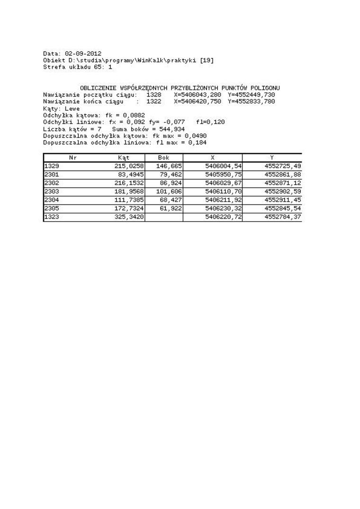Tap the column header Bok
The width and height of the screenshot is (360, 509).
(x=163, y=158)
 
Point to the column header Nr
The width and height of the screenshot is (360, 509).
(x=73, y=158)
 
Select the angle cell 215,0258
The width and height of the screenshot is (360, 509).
(x=129, y=166)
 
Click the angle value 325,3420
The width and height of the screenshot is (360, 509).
(x=129, y=217)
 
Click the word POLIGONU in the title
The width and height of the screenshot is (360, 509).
(x=264, y=88)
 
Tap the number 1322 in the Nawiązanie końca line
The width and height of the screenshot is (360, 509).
(x=153, y=101)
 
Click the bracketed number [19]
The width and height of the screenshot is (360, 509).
(x=207, y=61)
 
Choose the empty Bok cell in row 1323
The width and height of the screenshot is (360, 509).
(x=164, y=217)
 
